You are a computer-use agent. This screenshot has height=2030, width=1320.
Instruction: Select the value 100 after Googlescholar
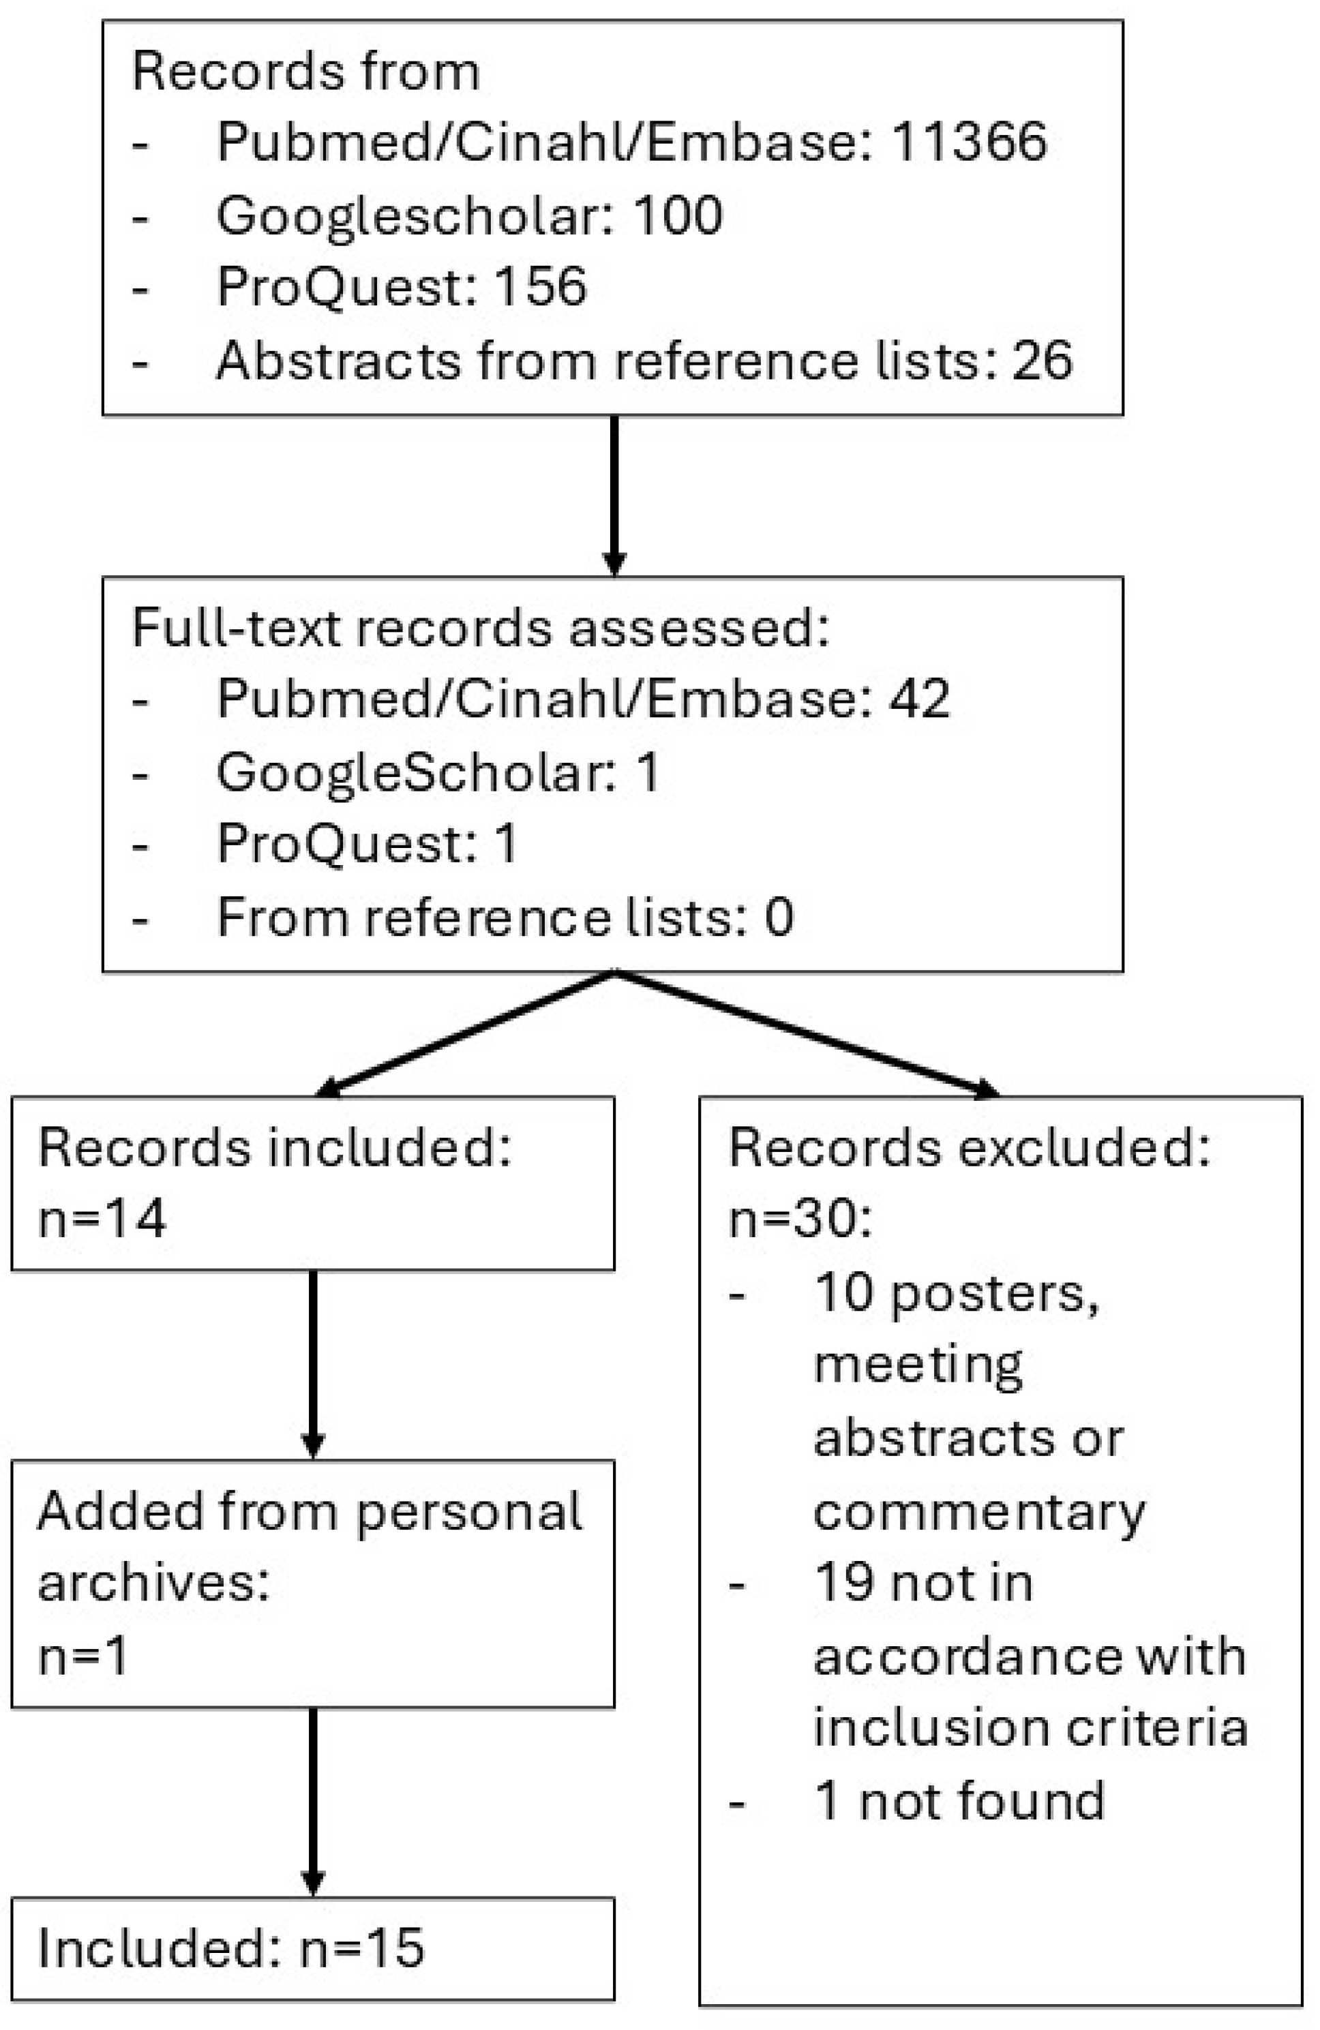(x=678, y=214)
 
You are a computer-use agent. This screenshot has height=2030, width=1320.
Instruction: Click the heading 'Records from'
(x=305, y=71)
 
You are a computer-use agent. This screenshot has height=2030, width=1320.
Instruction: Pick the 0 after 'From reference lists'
(x=778, y=917)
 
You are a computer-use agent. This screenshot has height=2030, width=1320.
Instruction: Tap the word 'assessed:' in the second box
(x=699, y=628)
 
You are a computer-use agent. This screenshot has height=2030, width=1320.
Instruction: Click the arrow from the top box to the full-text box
(x=614, y=495)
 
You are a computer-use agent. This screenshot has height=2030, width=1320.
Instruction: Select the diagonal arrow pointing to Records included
(x=465, y=1034)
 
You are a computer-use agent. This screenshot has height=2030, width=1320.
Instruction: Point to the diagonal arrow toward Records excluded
(x=807, y=1034)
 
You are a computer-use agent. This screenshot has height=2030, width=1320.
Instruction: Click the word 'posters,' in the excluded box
(x=995, y=1293)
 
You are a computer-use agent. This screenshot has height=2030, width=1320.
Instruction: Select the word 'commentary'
(x=978, y=1512)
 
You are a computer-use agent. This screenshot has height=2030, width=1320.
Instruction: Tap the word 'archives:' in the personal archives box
(x=153, y=1583)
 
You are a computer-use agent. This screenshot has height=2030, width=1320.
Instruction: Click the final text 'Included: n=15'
(x=230, y=1948)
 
